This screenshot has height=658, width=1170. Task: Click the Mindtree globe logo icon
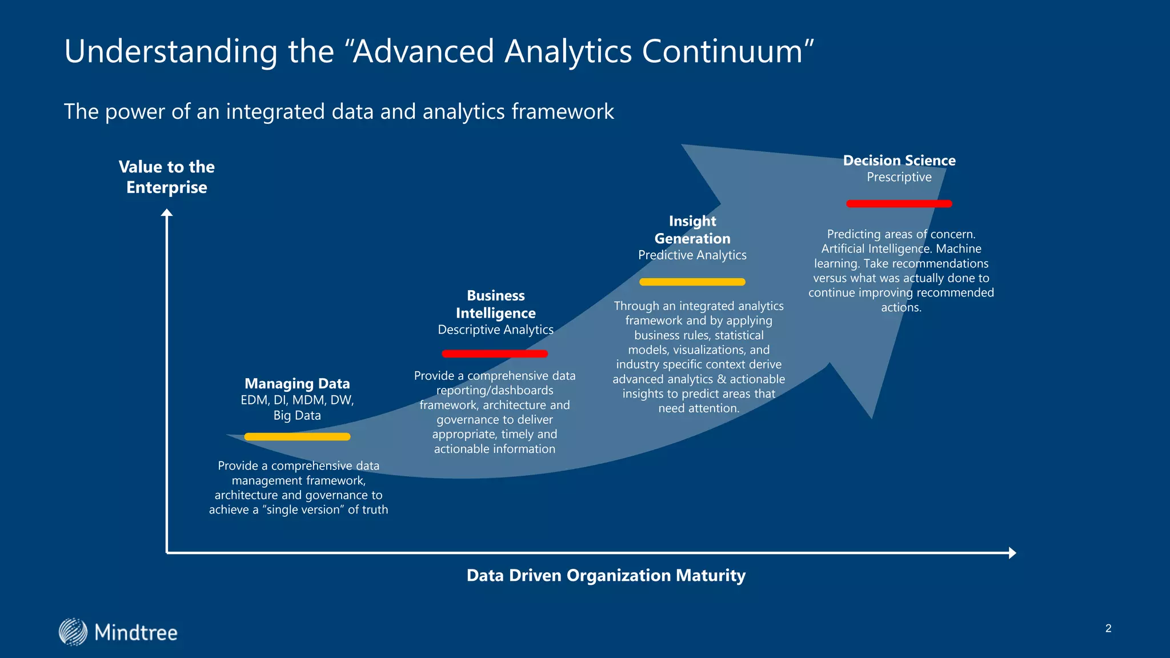[x=73, y=632]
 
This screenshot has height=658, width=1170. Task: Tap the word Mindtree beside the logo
[x=136, y=633]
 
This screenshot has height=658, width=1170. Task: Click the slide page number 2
[x=1108, y=628]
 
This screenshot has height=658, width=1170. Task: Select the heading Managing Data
[x=297, y=383]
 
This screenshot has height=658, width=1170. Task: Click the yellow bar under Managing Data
[x=297, y=437]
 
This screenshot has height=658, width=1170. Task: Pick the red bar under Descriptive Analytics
[x=495, y=354]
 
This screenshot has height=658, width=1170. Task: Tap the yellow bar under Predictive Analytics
[x=692, y=282]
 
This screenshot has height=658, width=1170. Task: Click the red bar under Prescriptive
[x=899, y=203]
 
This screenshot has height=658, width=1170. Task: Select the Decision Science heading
[x=899, y=161]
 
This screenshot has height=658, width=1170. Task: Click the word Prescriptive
[x=899, y=177]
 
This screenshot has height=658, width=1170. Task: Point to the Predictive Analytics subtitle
[x=692, y=255]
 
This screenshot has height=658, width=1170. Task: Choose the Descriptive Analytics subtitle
[x=495, y=330]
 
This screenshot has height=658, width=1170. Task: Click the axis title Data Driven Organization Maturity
[x=606, y=575]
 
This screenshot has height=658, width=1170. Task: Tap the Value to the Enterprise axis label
[x=167, y=177]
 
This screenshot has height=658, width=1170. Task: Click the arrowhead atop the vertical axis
[x=167, y=213]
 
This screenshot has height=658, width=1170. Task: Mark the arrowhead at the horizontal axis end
[x=1012, y=552]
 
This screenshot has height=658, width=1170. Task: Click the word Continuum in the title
[x=722, y=51]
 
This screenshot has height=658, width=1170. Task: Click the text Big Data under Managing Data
[x=297, y=415]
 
